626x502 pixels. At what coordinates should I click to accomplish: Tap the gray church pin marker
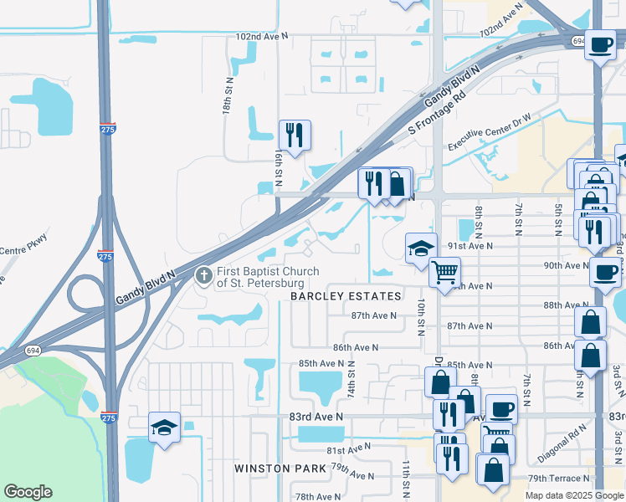(203, 275)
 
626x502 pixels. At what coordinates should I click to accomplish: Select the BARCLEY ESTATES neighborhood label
(346, 296)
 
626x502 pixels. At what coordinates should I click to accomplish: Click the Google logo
(28, 492)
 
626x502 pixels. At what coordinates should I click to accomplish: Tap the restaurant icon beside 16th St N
(295, 135)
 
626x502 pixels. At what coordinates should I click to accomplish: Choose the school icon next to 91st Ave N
(421, 248)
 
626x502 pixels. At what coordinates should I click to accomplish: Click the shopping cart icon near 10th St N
(445, 272)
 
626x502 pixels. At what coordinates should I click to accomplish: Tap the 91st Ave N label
(470, 246)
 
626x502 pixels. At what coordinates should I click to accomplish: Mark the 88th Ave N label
(564, 305)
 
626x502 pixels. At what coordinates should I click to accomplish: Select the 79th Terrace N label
(559, 478)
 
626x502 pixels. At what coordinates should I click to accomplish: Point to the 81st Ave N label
(361, 448)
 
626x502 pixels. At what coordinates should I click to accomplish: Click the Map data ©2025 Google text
(574, 495)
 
